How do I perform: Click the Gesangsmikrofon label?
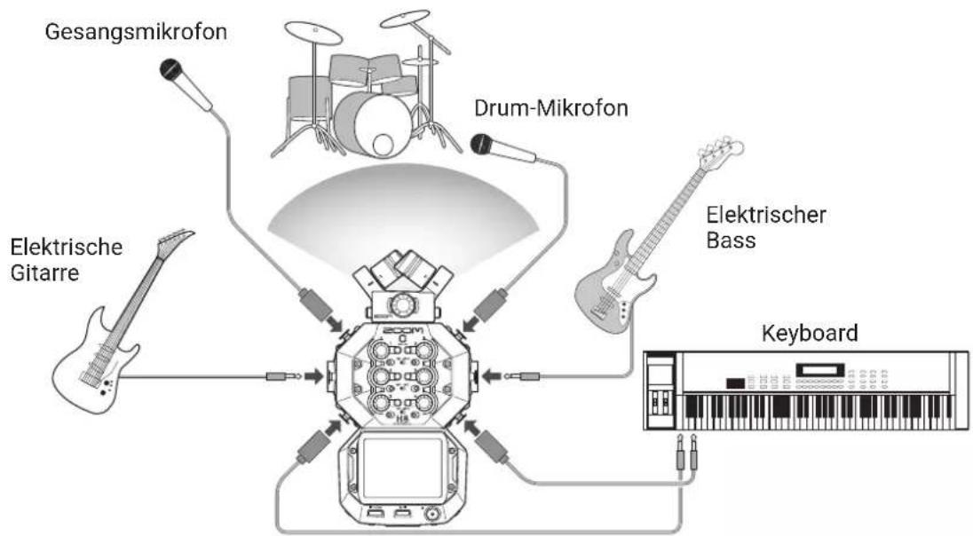click(136, 32)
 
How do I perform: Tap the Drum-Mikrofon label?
click(551, 108)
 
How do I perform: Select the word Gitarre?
click(44, 273)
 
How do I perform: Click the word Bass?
click(731, 240)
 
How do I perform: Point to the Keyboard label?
click(810, 333)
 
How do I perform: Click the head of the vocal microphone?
click(171, 69)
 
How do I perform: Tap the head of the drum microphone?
click(481, 144)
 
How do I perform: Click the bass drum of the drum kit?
click(373, 125)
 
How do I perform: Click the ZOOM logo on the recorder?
click(402, 329)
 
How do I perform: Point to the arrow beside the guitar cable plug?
click(314, 376)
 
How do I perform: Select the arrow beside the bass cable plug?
click(492, 375)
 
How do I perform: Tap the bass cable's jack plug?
click(523, 375)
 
